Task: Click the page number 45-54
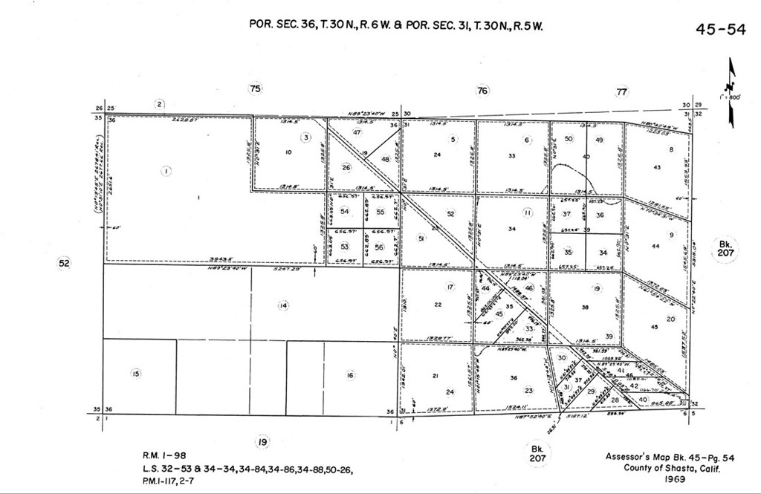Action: (x=720, y=30)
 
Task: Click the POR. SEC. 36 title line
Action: (x=396, y=25)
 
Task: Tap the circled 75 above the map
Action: (x=256, y=88)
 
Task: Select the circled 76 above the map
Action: (x=482, y=91)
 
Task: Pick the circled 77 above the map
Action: (x=622, y=92)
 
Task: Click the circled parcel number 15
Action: (x=135, y=374)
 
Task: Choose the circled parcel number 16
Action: (x=350, y=375)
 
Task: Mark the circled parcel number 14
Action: (x=283, y=305)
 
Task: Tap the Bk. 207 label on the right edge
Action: (x=727, y=247)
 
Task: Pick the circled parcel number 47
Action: (x=357, y=132)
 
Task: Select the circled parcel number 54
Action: (x=345, y=211)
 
